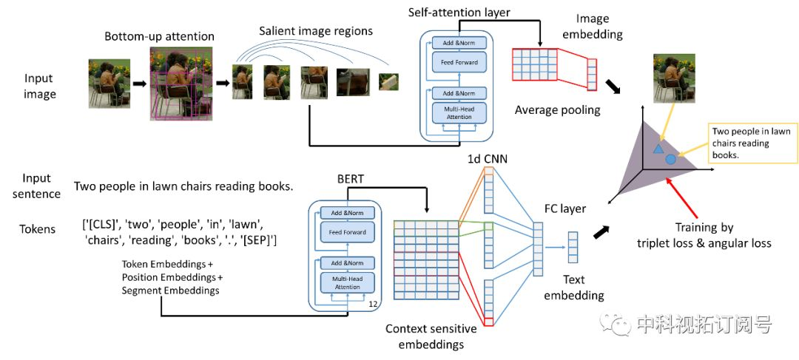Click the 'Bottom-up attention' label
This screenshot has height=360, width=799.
159,37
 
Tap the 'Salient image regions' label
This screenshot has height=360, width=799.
315,30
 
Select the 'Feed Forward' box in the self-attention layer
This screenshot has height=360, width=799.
459,63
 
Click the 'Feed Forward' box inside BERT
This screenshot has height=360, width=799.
347,232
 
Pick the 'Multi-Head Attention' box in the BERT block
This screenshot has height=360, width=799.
347,283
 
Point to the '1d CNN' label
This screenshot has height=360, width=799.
487,160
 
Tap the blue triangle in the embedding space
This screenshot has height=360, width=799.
658,148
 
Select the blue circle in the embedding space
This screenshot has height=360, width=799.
671,159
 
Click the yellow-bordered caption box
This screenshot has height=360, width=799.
752,143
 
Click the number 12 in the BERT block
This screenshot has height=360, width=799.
373,304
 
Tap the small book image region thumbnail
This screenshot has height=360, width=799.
388,82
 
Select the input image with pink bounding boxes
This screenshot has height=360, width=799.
181,84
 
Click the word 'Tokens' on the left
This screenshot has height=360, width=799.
38,229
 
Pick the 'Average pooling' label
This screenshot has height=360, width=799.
558,110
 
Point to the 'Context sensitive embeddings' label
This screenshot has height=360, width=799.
431,336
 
